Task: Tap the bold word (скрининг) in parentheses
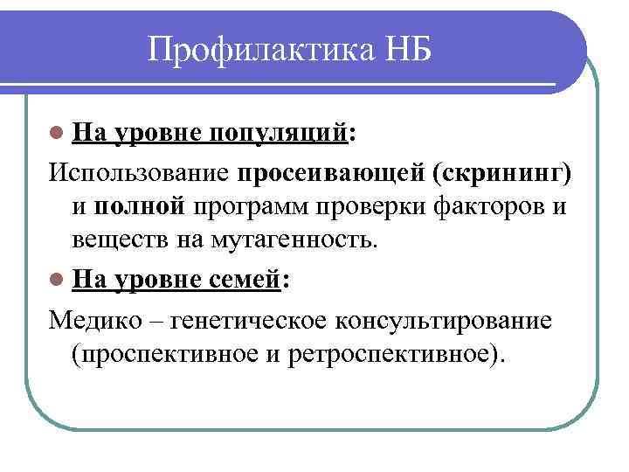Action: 502,172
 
